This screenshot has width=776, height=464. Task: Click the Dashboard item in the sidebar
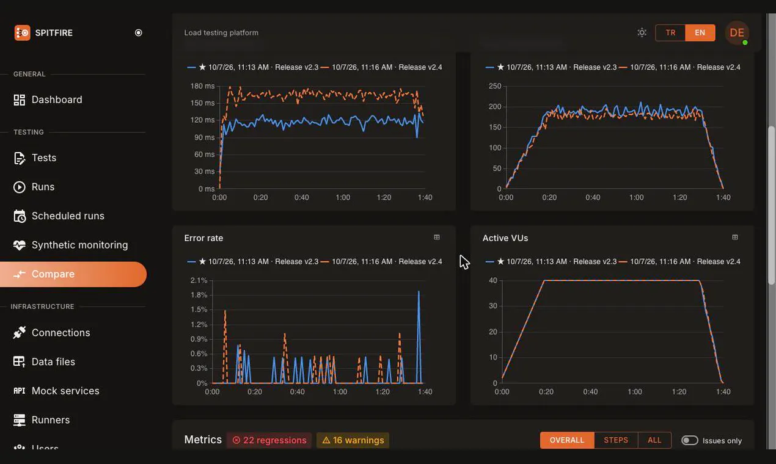click(x=48, y=100)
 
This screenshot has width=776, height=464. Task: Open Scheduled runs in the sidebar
click(x=59, y=216)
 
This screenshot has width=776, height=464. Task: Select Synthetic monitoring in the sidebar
click(x=71, y=245)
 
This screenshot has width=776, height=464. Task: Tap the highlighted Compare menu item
click(x=73, y=274)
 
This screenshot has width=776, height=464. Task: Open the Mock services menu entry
click(x=56, y=391)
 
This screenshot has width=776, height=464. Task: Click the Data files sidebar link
click(x=44, y=362)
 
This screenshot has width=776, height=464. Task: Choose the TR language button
click(x=670, y=32)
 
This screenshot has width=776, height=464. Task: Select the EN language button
click(x=700, y=32)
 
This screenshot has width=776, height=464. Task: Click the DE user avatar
click(x=737, y=33)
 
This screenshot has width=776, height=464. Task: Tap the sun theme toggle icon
click(x=642, y=32)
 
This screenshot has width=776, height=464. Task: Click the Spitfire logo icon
click(x=22, y=33)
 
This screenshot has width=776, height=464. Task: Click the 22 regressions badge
click(x=269, y=440)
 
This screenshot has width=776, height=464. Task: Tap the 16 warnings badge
click(x=353, y=440)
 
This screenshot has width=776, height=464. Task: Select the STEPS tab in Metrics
click(x=615, y=440)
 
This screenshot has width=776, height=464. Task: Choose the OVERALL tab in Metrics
click(x=567, y=440)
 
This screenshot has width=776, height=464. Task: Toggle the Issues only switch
click(x=689, y=440)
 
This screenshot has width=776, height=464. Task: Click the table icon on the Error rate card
click(x=437, y=237)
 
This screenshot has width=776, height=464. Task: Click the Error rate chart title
click(x=203, y=238)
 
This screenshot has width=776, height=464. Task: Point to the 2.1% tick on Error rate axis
click(x=199, y=280)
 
